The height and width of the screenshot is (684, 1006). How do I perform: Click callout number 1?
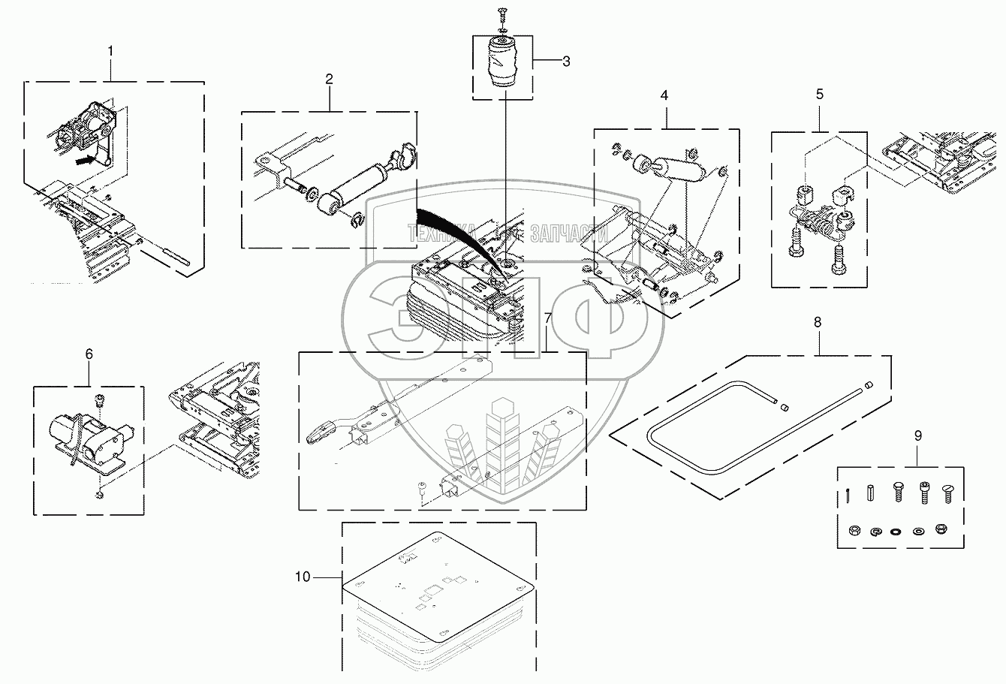[x=111, y=51]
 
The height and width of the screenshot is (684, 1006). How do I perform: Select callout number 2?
[x=329, y=79]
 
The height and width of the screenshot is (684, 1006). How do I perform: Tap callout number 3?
[x=566, y=62]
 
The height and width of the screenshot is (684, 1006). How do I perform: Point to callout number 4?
[x=664, y=96]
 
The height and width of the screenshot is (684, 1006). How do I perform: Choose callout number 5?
[x=819, y=94]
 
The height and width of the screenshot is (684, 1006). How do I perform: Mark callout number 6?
[x=89, y=354]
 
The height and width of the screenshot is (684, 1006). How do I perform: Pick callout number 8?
[x=817, y=322]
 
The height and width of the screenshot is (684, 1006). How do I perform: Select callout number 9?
[x=918, y=435]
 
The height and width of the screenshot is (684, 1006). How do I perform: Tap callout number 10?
[x=302, y=577]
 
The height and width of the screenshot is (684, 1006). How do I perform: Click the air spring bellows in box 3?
[x=501, y=65]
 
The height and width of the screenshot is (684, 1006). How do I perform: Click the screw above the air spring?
[x=502, y=13]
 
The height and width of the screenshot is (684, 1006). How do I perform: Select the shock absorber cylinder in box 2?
[x=359, y=185]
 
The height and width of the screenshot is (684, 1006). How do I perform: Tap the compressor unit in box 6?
[x=89, y=435]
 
